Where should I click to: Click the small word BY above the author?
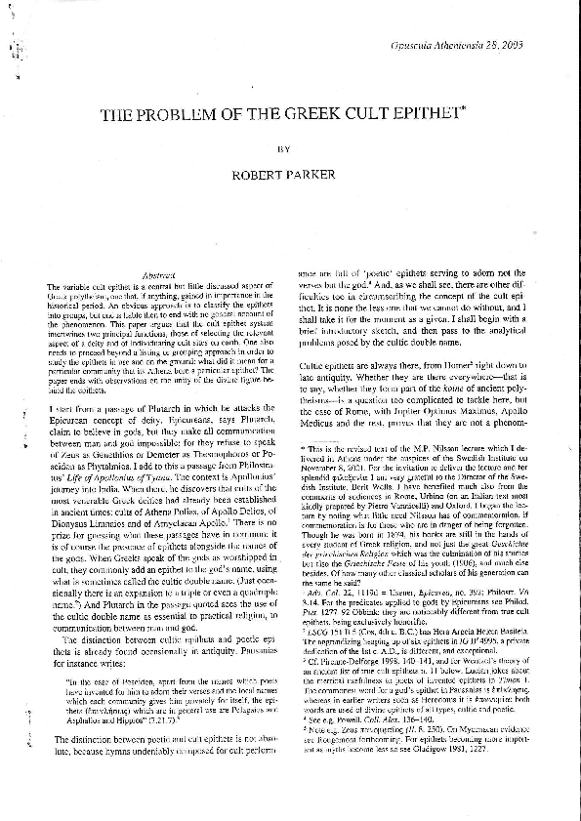coord(285,151)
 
